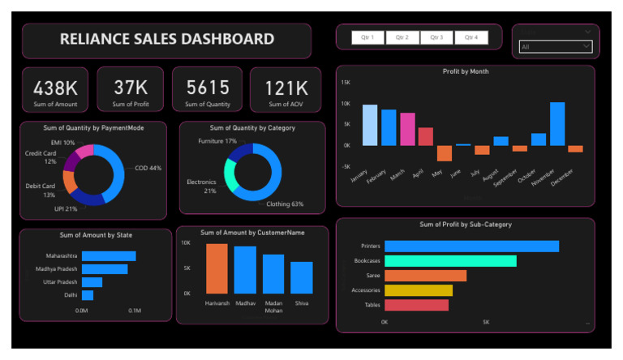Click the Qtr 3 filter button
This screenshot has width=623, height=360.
tap(436, 37)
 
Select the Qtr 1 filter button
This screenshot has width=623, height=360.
tap(367, 37)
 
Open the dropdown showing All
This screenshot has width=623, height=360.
tap(556, 47)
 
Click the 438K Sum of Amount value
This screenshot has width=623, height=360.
tap(54, 88)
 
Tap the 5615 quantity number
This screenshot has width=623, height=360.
tap(208, 88)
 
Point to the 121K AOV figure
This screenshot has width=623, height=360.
tap(286, 88)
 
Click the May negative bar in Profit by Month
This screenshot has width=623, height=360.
tap(445, 153)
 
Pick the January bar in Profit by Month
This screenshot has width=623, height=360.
tap(370, 125)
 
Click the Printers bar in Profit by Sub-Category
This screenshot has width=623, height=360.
tap(471, 246)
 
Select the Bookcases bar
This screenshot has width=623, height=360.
tap(450, 260)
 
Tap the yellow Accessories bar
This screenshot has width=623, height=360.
tap(419, 290)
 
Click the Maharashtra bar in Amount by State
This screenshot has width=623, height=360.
tap(109, 256)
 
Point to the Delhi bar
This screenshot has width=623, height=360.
tap(88, 295)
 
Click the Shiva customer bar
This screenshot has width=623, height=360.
tap(302, 277)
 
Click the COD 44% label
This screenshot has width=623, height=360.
tap(148, 168)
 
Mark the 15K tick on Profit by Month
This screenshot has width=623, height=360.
tap(345, 83)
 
